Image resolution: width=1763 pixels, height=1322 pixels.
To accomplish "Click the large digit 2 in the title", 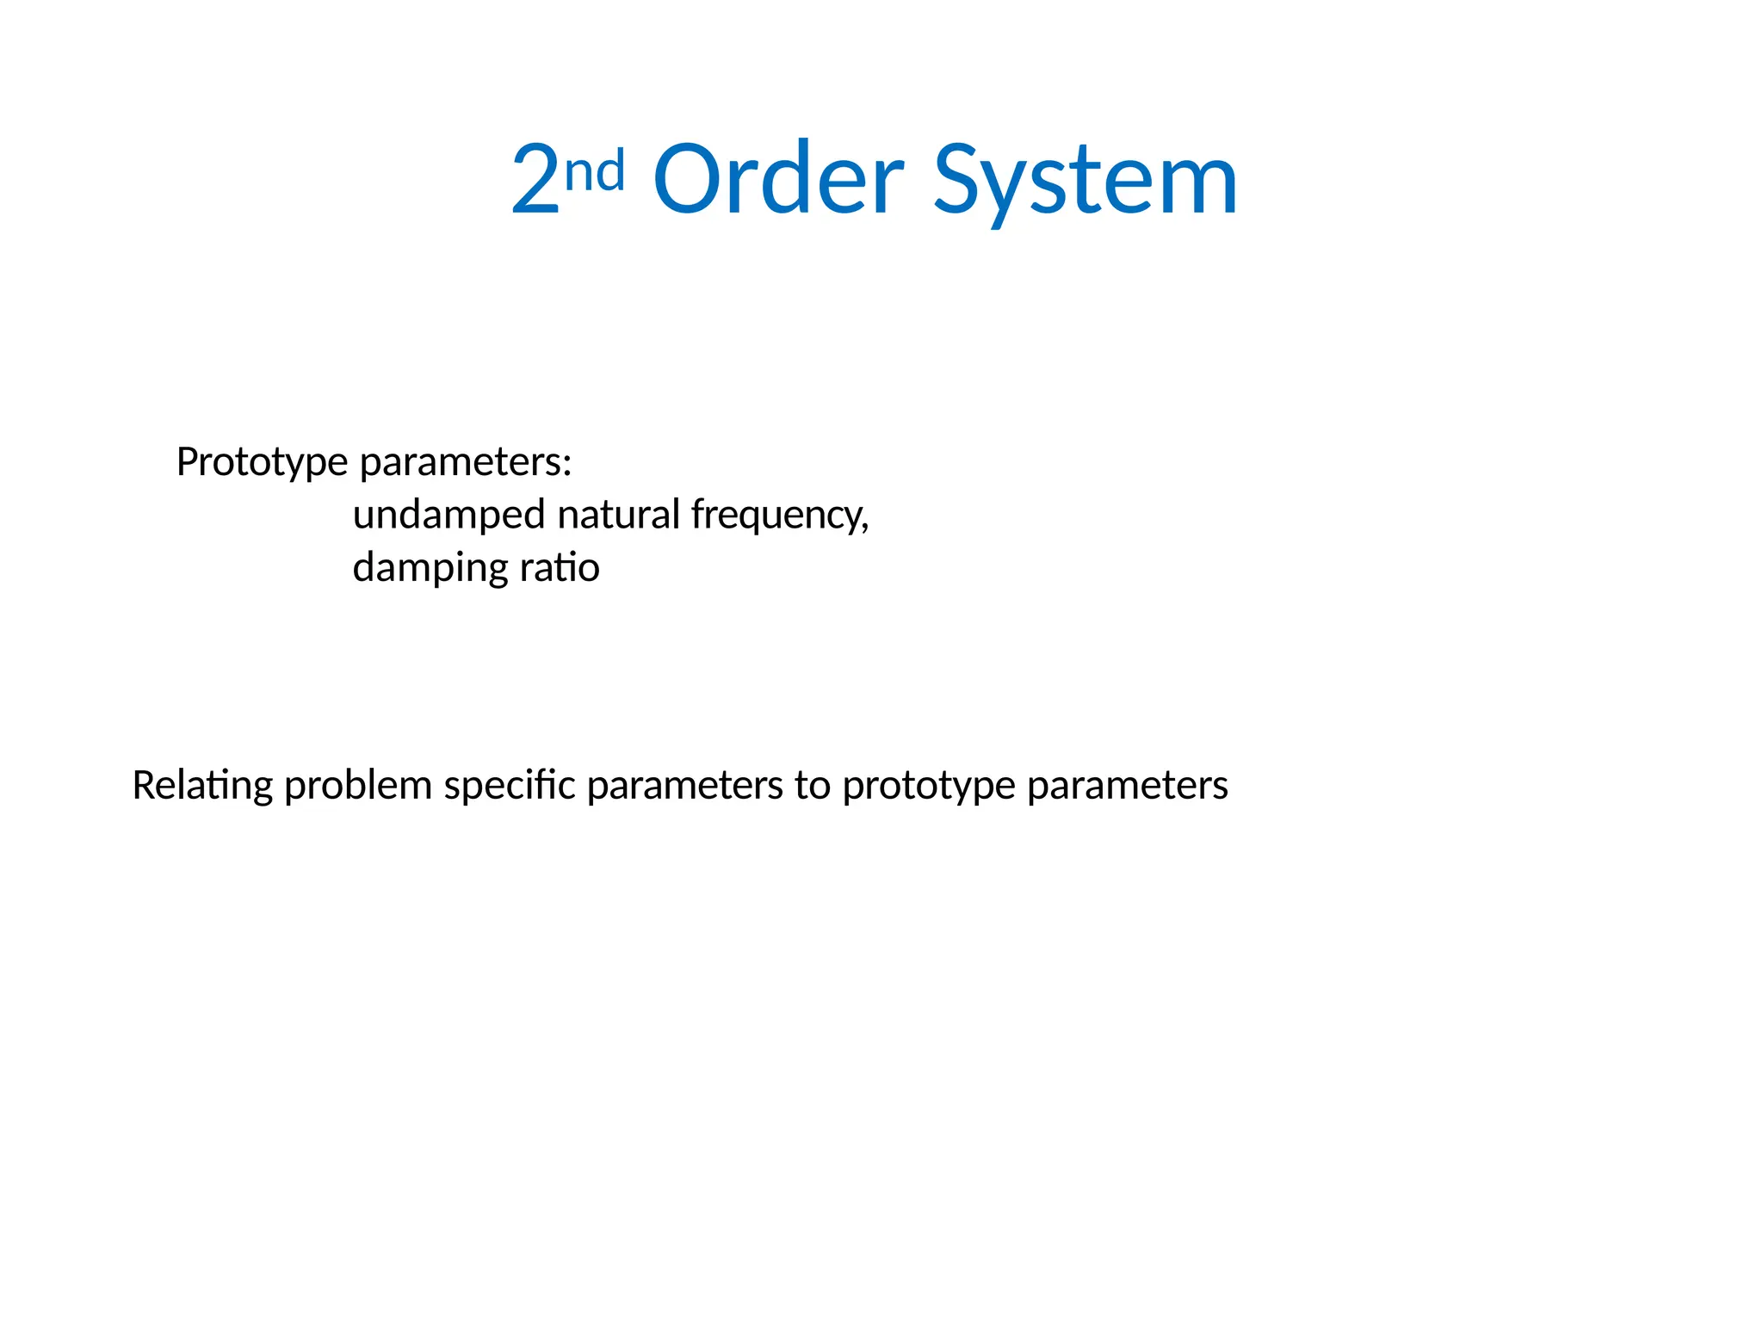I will coord(535,180).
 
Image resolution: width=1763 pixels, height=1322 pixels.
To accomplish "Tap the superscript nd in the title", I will coord(595,170).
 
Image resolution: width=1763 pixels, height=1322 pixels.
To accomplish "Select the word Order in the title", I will coord(778,180).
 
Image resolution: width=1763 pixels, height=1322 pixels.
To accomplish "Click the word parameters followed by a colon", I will coord(461,463).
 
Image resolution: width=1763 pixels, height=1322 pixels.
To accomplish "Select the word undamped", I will coord(448,515).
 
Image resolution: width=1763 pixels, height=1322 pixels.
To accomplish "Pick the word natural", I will coord(619,515).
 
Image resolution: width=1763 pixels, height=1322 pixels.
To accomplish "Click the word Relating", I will coord(202,786).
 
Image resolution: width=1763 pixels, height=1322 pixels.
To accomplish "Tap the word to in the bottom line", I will coord(812,786).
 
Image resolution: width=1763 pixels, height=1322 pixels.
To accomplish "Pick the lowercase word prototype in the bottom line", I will coord(929,786).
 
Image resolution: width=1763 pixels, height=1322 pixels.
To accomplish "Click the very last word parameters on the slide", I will coord(1128,786).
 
